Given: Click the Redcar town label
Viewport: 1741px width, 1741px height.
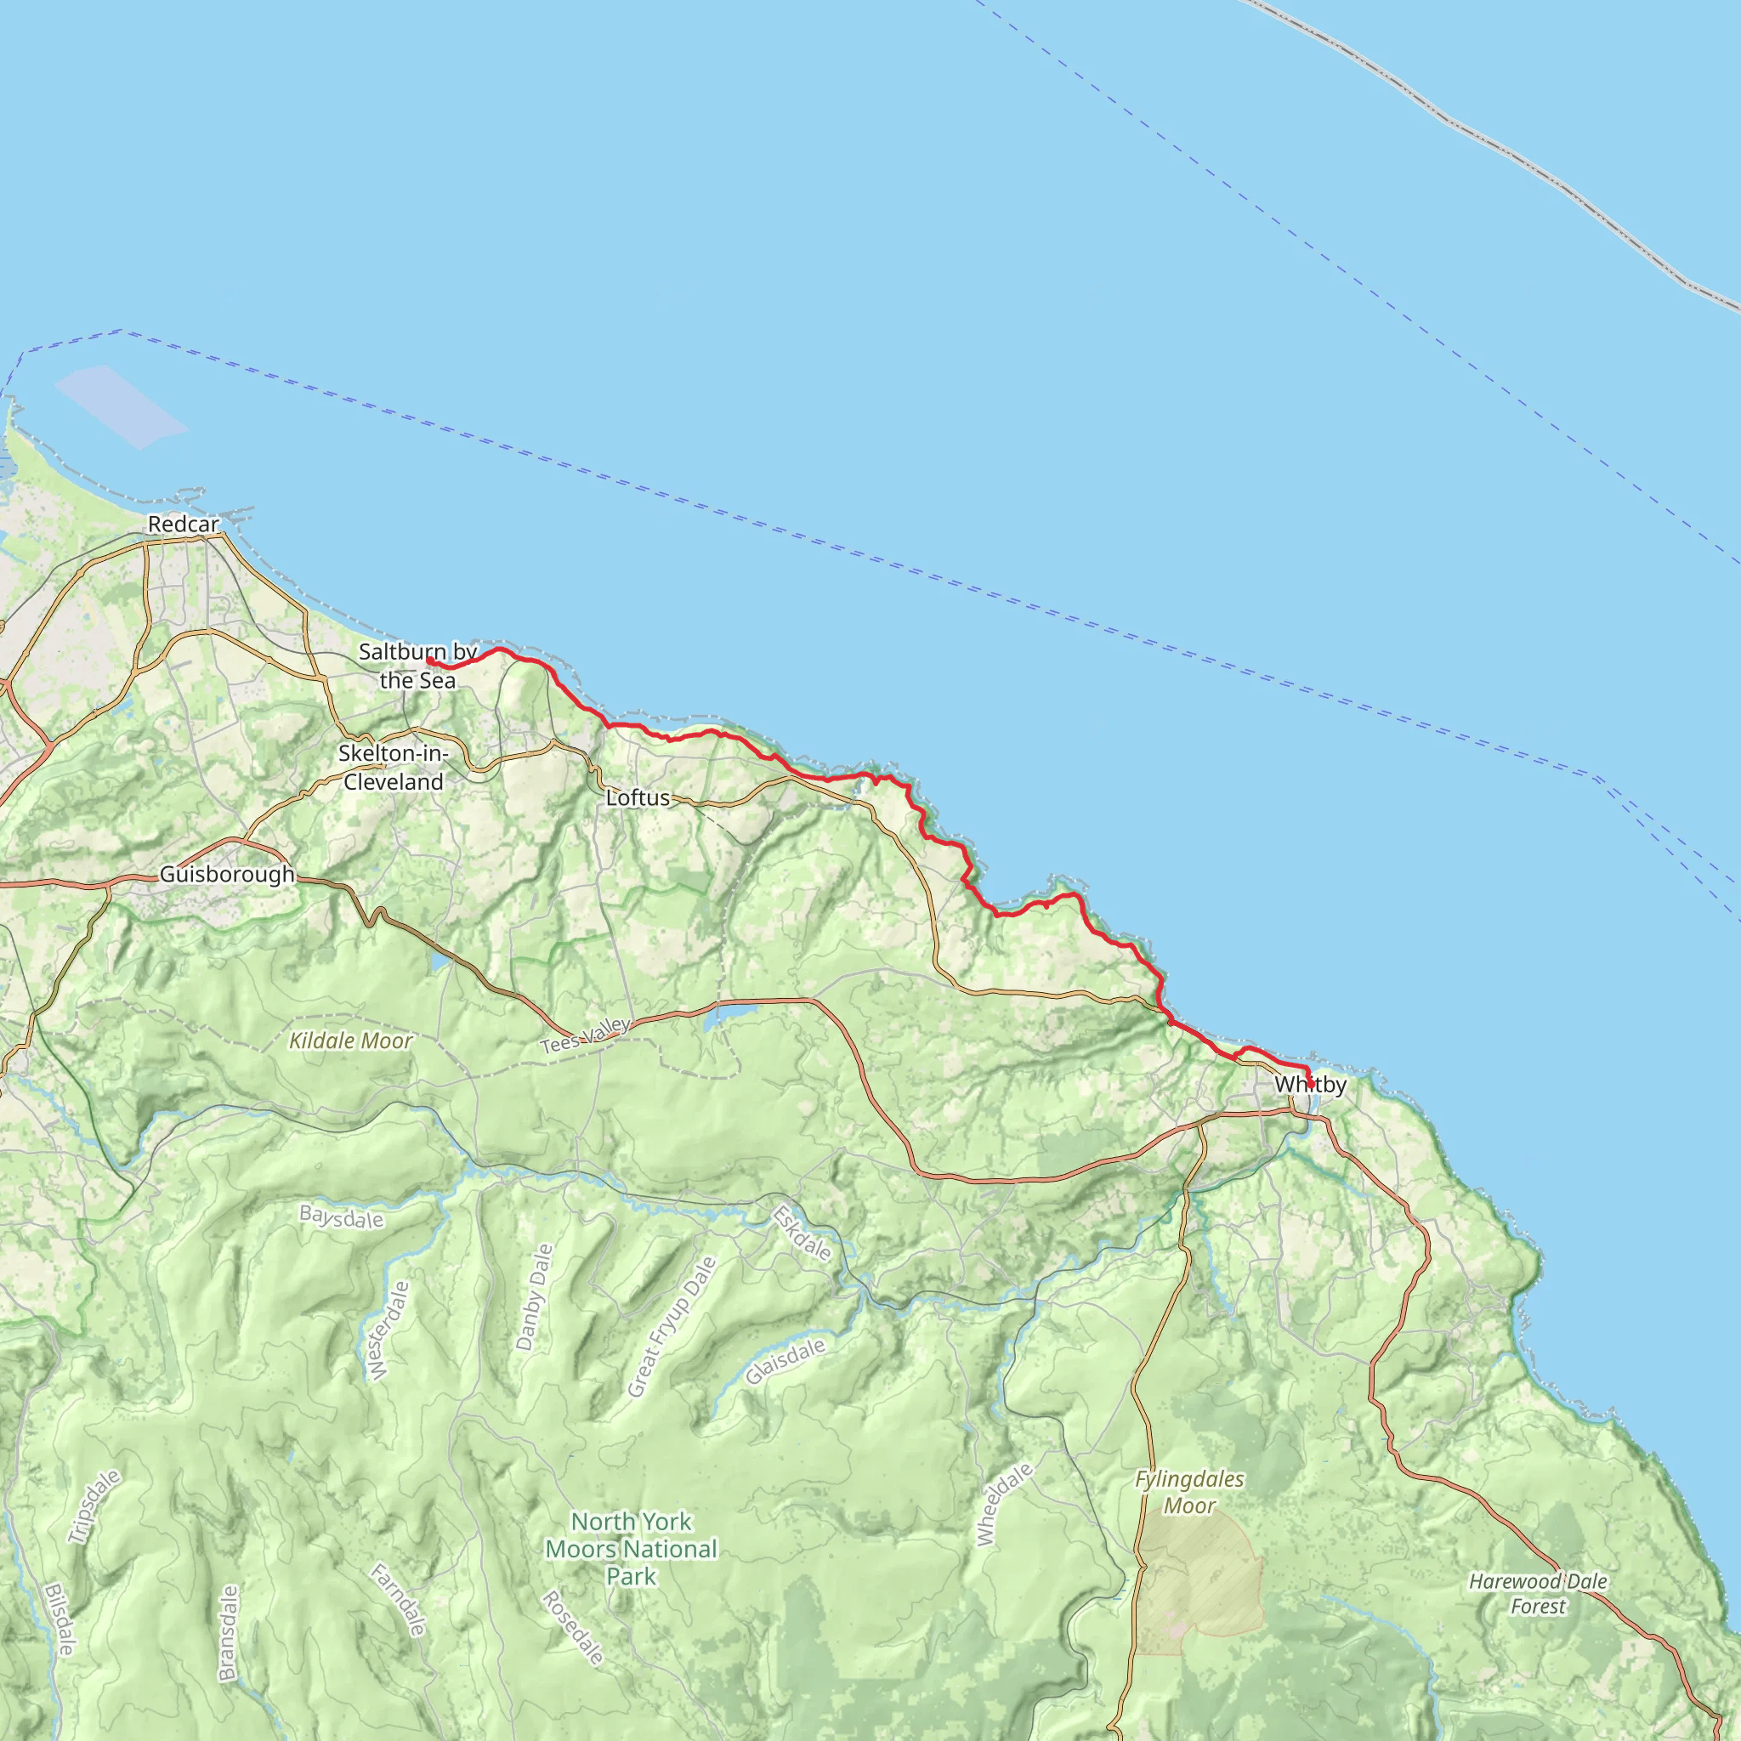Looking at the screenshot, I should (x=183, y=524).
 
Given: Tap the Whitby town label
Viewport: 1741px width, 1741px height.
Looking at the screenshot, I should (x=1310, y=1084).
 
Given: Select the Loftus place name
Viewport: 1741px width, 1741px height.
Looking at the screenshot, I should (x=638, y=797).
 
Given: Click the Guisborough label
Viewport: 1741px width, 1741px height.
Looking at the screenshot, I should (x=227, y=874).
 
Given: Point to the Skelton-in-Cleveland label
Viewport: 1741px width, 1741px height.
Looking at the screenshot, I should (x=394, y=767).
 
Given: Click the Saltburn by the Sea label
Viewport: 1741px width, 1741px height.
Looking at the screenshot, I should (x=417, y=665).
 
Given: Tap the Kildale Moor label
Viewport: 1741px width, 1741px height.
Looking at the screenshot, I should (x=350, y=1041).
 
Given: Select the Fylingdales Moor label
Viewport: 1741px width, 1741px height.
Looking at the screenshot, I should (x=1189, y=1492).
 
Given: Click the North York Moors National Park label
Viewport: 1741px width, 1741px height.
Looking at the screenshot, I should (x=631, y=1548).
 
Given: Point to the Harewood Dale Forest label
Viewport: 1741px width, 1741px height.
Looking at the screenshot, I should (x=1538, y=1593).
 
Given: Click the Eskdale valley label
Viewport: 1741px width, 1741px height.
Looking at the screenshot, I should (x=802, y=1233).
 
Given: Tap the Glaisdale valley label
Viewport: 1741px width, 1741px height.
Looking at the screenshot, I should (x=785, y=1361).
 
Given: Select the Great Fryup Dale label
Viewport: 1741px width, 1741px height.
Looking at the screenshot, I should (x=672, y=1327).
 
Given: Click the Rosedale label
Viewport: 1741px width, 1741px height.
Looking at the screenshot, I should (x=572, y=1627).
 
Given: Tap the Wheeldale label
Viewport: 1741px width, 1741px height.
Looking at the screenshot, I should (x=1005, y=1505).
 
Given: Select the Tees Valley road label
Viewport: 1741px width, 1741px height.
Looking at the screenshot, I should (x=586, y=1035).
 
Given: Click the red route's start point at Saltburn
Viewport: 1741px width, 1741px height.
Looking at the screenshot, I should (x=430, y=661).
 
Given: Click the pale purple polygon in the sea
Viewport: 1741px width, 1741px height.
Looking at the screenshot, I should (x=121, y=406).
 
